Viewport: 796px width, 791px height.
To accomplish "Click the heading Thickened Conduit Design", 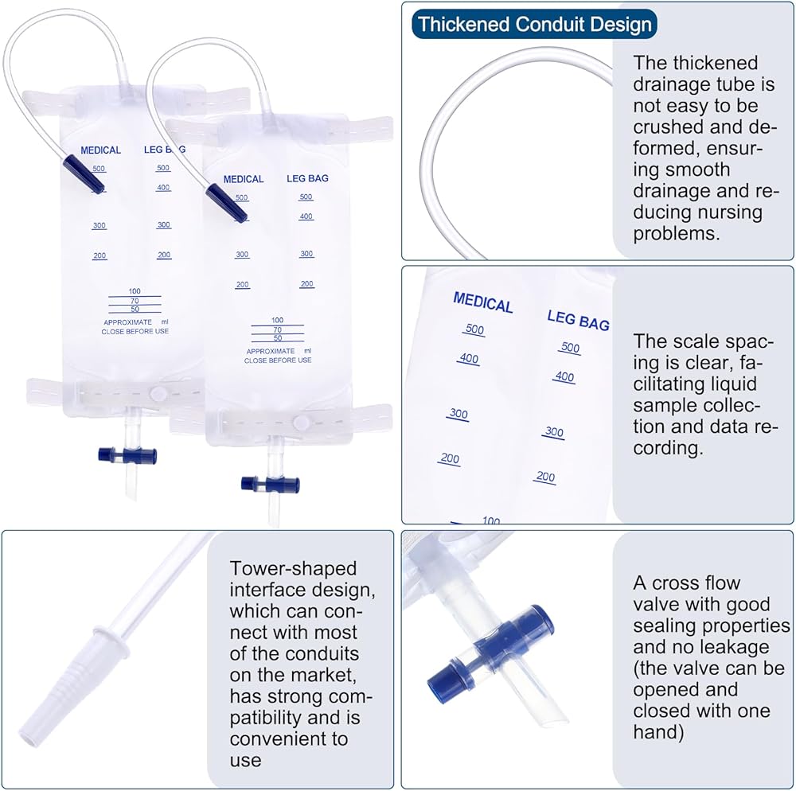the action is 534,24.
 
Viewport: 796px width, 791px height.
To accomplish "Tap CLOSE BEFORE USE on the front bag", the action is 278,360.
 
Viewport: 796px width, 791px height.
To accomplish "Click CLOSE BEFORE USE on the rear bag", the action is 135,331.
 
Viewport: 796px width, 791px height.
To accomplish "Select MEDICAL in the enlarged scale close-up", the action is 482,303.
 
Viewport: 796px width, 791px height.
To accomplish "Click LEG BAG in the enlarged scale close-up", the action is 578,321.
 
